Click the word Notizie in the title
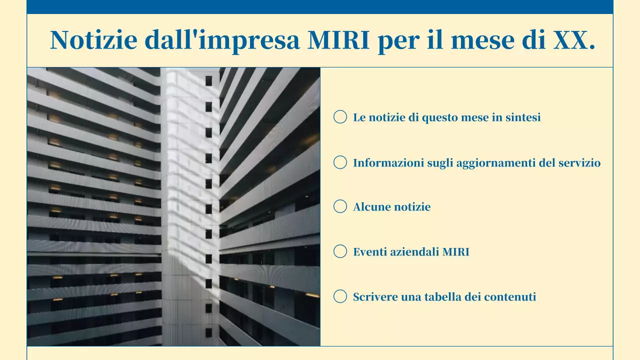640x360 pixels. (x=93, y=40)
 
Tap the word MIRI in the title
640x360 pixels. (x=338, y=40)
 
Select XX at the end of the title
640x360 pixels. (x=570, y=40)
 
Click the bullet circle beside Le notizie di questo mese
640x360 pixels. (x=340, y=117)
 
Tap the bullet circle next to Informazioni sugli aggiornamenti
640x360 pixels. (x=340, y=162)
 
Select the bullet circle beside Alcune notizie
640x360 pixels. (x=340, y=206)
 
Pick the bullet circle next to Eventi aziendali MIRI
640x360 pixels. (x=340, y=251)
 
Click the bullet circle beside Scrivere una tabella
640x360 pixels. (x=340, y=296)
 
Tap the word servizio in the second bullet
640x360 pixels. (x=579, y=163)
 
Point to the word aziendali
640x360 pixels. (x=413, y=252)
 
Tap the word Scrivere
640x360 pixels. (x=373, y=297)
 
